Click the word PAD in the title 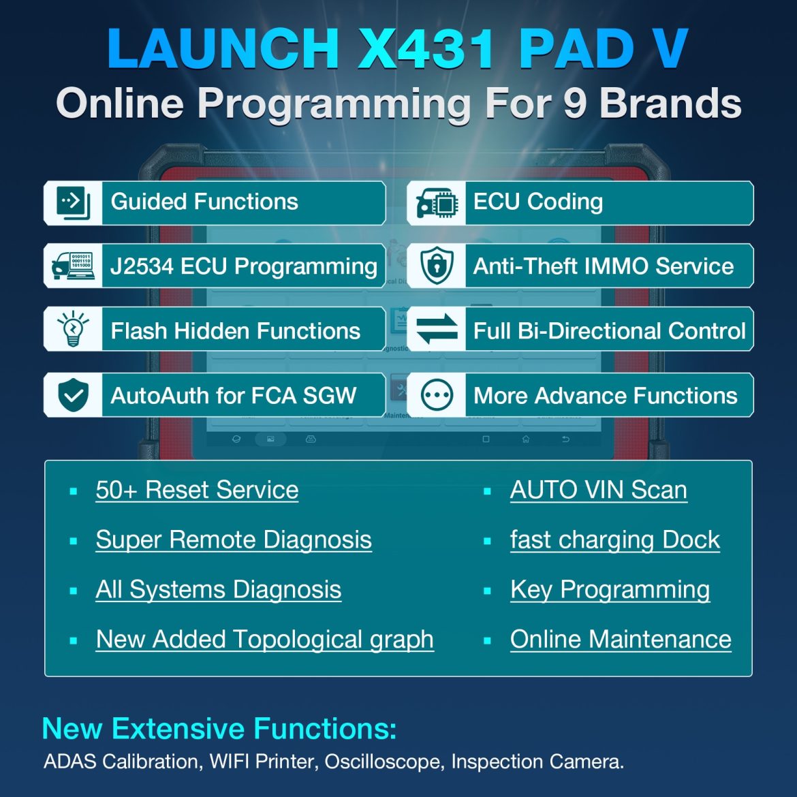pyautogui.click(x=576, y=49)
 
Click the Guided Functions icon pyautogui.click(x=73, y=202)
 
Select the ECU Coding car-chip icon pyautogui.click(x=437, y=202)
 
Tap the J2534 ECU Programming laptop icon pyautogui.click(x=73, y=266)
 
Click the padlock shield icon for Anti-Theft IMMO pyautogui.click(x=437, y=266)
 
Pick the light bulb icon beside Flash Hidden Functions pyautogui.click(x=73, y=329)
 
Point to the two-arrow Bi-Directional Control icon pyautogui.click(x=437, y=329)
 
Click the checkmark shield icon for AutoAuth pyautogui.click(x=73, y=394)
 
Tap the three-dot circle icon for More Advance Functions pyautogui.click(x=437, y=394)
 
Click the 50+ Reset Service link pyautogui.click(x=197, y=490)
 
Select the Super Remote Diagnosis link pyautogui.click(x=234, y=540)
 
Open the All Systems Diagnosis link pyautogui.click(x=218, y=589)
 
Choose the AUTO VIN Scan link pyautogui.click(x=598, y=490)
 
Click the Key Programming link pyautogui.click(x=610, y=589)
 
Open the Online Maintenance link pyautogui.click(x=621, y=639)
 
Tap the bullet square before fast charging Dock pyautogui.click(x=487, y=541)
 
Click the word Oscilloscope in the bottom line pyautogui.click(x=382, y=761)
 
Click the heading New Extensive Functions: pyautogui.click(x=219, y=728)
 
